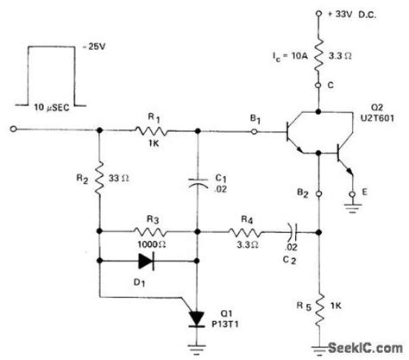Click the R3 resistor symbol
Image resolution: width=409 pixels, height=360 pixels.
(152, 231)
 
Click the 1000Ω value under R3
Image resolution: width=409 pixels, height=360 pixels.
(152, 244)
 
